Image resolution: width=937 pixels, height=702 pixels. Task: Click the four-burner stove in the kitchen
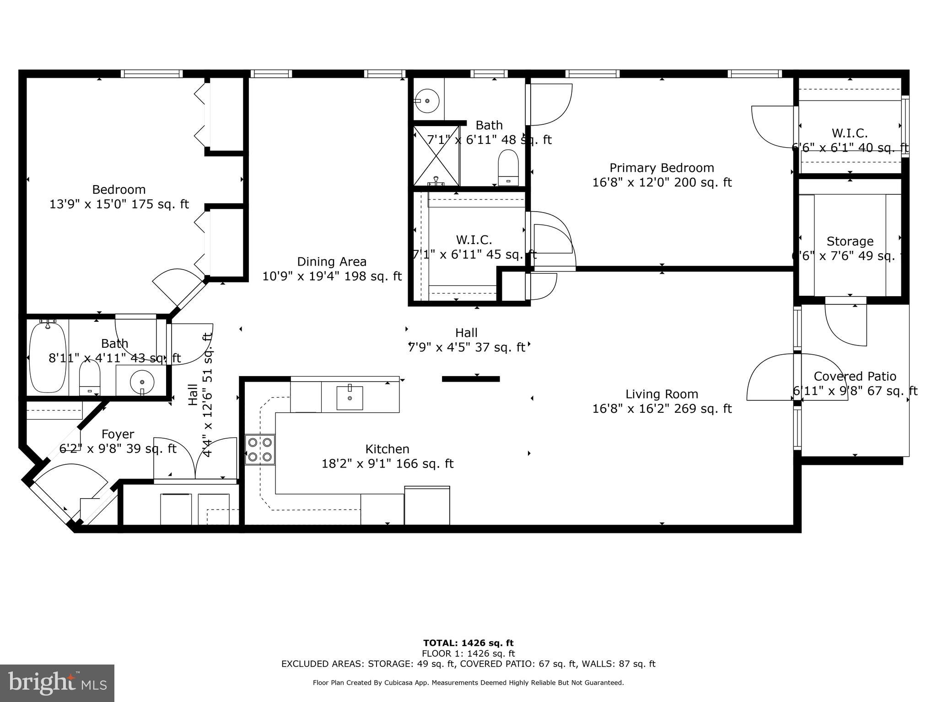tap(260, 450)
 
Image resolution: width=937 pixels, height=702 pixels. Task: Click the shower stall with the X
tap(436, 156)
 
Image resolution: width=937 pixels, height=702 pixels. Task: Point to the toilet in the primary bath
tap(508, 168)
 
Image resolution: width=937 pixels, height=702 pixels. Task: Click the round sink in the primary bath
tap(426, 101)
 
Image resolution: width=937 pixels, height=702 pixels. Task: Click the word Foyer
tap(118, 434)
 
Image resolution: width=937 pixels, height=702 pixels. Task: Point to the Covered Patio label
tap(855, 377)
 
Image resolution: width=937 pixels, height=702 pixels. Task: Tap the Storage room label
tap(850, 241)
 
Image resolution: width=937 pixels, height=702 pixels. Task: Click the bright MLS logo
tap(57, 683)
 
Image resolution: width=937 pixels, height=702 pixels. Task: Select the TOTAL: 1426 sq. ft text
tap(468, 643)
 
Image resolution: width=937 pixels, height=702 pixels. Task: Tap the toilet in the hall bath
tap(90, 378)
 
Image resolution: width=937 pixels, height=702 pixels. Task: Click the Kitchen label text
tap(387, 449)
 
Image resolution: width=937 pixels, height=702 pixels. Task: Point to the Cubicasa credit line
tap(468, 683)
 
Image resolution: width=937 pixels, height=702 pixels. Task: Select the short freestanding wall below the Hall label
tap(471, 379)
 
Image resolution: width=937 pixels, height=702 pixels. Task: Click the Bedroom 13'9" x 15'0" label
tap(119, 197)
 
